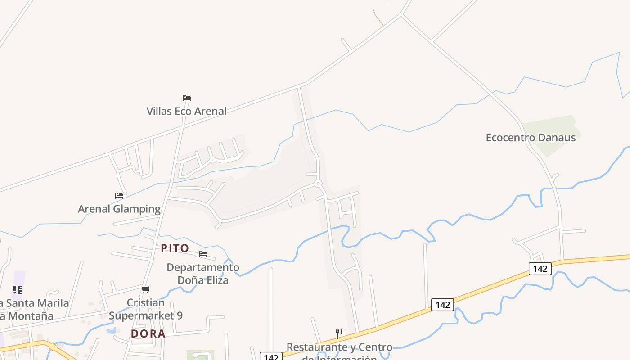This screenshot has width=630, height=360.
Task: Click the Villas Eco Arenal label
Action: click(186, 111)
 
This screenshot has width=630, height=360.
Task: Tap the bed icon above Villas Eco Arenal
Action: click(187, 98)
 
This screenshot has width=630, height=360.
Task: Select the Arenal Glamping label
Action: click(119, 209)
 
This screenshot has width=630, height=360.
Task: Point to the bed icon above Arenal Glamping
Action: click(119, 196)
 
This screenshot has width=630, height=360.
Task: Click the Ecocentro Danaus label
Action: click(531, 137)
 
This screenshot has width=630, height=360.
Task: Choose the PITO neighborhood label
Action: click(175, 248)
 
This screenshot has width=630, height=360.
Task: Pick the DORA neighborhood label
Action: click(148, 333)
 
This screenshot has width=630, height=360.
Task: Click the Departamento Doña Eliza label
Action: click(203, 274)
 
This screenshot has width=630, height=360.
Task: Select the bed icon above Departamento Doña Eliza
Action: click(203, 254)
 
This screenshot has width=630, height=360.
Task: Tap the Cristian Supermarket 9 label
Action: click(146, 309)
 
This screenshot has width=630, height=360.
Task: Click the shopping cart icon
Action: click(145, 289)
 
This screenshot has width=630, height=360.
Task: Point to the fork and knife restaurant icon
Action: click(339, 333)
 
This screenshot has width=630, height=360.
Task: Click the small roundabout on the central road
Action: click(318, 183)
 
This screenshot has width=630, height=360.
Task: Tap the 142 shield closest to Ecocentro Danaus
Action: click(540, 269)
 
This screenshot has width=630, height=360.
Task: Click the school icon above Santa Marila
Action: click(17, 289)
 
